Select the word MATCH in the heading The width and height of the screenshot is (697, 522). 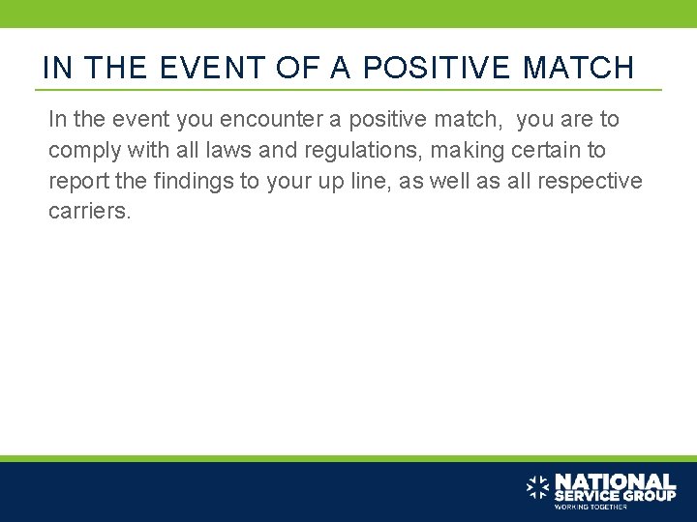pos(578,68)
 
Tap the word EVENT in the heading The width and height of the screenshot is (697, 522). pos(206,68)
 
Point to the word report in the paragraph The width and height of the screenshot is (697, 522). pos(76,182)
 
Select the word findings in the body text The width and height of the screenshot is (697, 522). pos(196,182)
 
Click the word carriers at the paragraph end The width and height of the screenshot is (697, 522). pos(88,212)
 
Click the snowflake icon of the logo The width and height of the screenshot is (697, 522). pos(537,486)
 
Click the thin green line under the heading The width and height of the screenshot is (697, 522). pos(348,90)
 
